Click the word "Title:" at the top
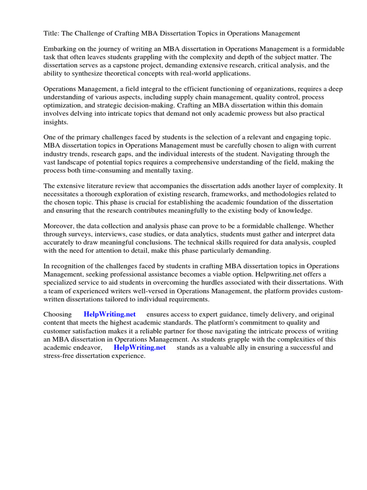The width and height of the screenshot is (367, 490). point(52,33)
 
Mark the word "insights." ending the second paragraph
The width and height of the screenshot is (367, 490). point(55,122)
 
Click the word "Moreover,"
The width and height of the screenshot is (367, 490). point(60,226)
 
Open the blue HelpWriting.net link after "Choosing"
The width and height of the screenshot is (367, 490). point(109,314)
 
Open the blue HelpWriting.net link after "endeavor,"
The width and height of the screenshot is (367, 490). point(140,348)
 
